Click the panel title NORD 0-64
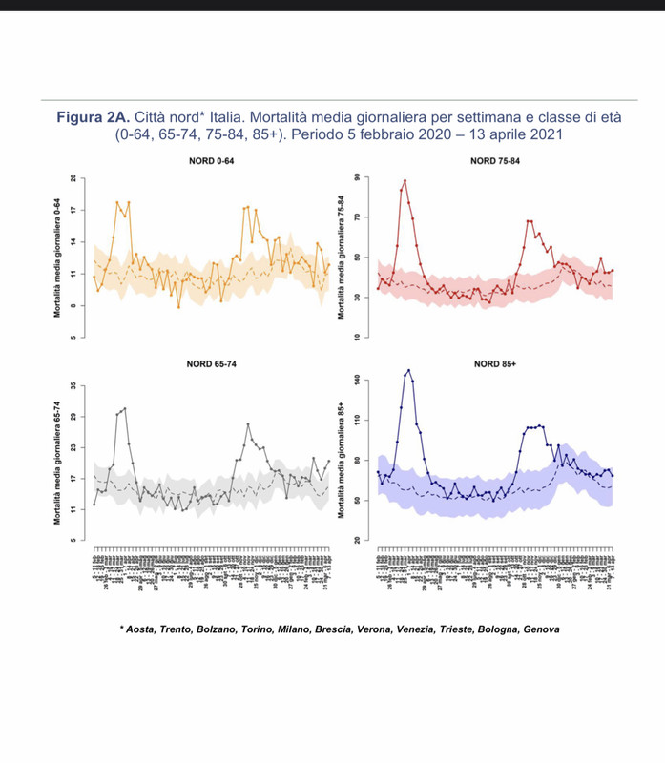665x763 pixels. click(212, 161)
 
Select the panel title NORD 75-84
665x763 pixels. click(495, 161)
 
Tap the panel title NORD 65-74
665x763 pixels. click(212, 362)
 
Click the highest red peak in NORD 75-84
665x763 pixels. click(405, 180)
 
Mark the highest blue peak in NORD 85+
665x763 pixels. click(408, 370)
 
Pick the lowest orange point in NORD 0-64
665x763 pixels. click(177, 306)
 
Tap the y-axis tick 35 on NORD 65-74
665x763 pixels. click(71, 385)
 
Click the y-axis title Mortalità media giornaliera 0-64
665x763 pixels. click(58, 258)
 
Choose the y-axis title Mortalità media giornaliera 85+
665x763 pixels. click(343, 461)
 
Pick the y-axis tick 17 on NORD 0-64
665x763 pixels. click(71, 210)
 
